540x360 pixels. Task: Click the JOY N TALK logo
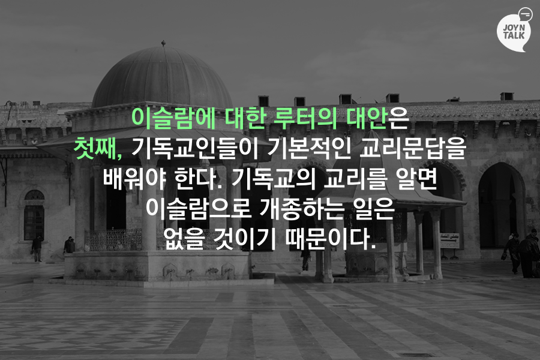(x=514, y=30)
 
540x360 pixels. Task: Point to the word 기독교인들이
(x=195, y=148)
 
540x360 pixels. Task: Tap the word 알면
(x=416, y=178)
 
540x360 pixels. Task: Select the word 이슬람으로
(x=199, y=208)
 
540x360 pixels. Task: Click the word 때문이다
(x=330, y=238)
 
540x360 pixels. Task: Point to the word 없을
(x=184, y=238)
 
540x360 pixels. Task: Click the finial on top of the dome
(x=163, y=43)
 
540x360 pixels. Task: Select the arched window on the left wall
(x=34, y=214)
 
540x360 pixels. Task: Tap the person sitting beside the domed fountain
(x=70, y=245)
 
